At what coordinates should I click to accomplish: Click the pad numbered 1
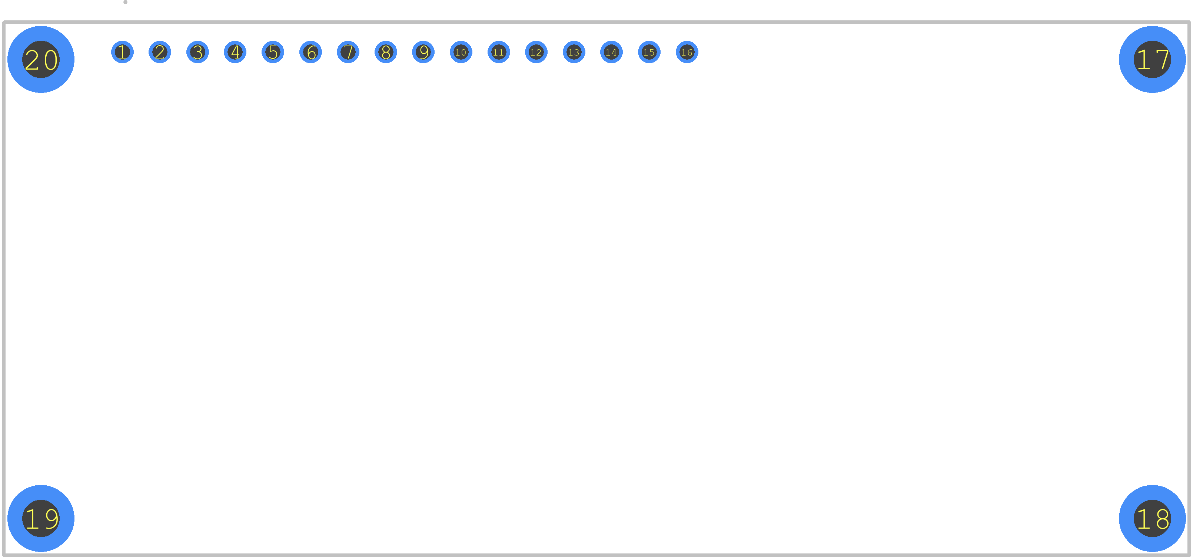[x=122, y=52]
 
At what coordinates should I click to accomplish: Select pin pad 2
[x=160, y=52]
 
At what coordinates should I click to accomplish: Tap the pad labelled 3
[x=198, y=52]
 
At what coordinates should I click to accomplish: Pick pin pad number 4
[x=235, y=52]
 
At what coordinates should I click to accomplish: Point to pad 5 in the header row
[x=273, y=52]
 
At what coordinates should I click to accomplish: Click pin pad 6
[x=311, y=52]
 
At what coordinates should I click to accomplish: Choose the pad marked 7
[x=348, y=52]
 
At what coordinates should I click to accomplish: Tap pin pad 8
[x=386, y=52]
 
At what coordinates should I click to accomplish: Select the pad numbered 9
[x=423, y=52]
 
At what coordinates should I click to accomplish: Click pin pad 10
[x=461, y=52]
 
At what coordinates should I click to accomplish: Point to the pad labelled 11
[x=499, y=52]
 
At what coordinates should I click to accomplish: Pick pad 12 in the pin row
[x=536, y=52]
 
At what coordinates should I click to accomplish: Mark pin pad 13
[x=574, y=52]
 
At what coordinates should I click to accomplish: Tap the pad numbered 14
[x=612, y=52]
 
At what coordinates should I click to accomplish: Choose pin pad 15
[x=649, y=52]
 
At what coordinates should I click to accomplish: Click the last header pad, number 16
[x=687, y=52]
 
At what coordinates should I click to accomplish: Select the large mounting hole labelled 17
[x=1152, y=60]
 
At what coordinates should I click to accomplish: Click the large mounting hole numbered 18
[x=1152, y=518]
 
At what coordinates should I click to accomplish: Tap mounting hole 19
[x=41, y=518]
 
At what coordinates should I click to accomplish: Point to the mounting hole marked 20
[x=41, y=60]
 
